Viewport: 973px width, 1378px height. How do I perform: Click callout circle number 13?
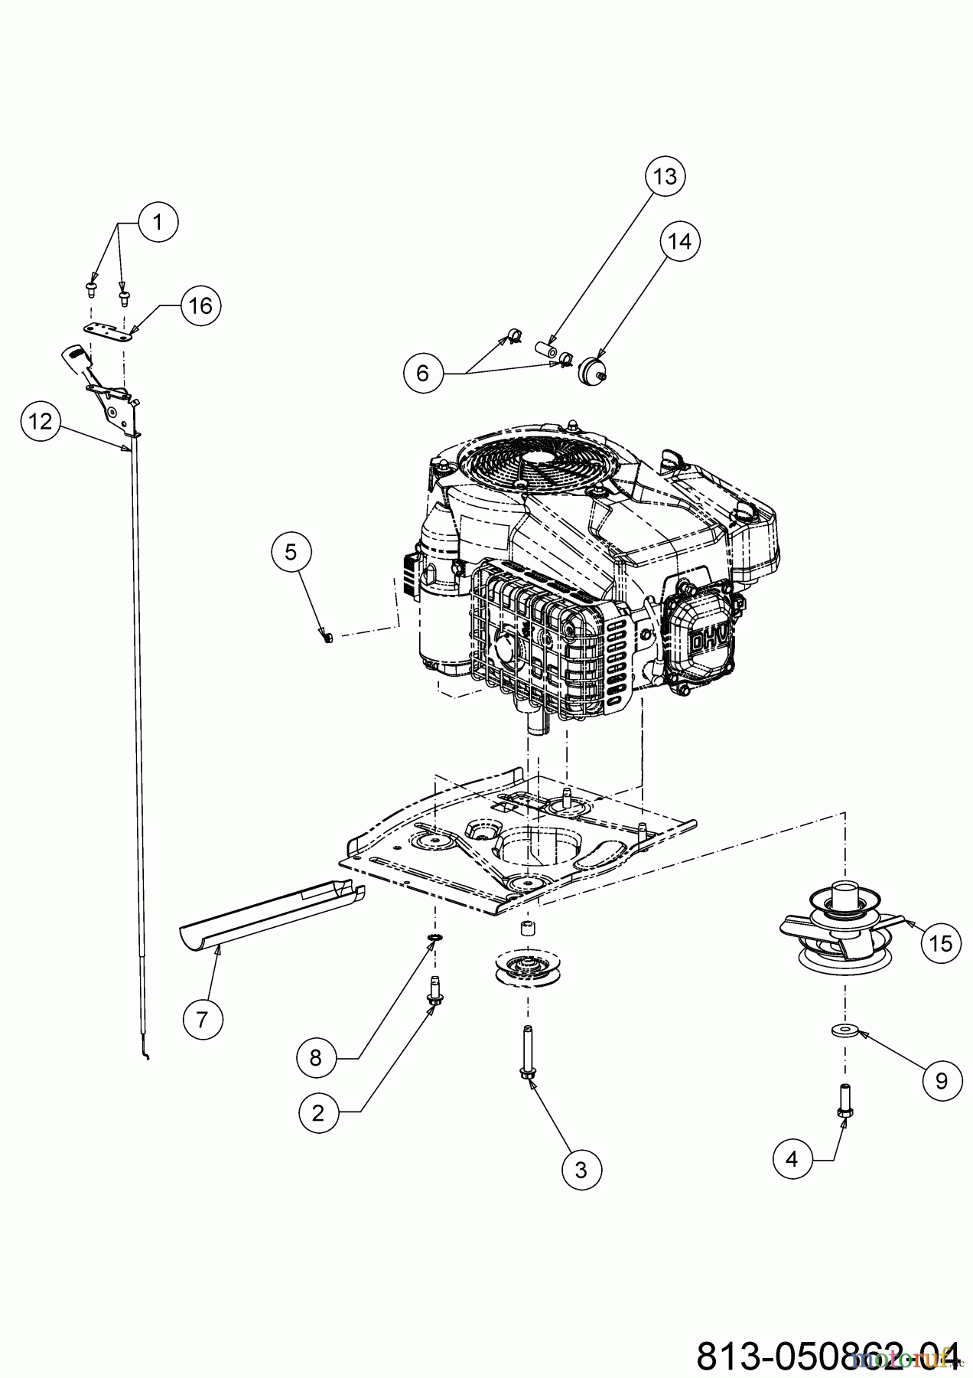(665, 177)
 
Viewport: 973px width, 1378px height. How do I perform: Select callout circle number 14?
(679, 241)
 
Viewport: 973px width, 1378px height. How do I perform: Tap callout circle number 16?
(200, 306)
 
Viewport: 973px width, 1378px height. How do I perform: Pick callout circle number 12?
(41, 421)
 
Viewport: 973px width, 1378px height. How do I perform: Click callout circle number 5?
(291, 552)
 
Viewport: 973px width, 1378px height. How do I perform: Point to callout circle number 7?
(203, 1020)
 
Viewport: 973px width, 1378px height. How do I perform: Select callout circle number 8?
(317, 1058)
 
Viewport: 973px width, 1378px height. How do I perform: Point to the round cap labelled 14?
(593, 371)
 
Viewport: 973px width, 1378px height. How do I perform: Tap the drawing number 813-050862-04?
(826, 1356)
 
